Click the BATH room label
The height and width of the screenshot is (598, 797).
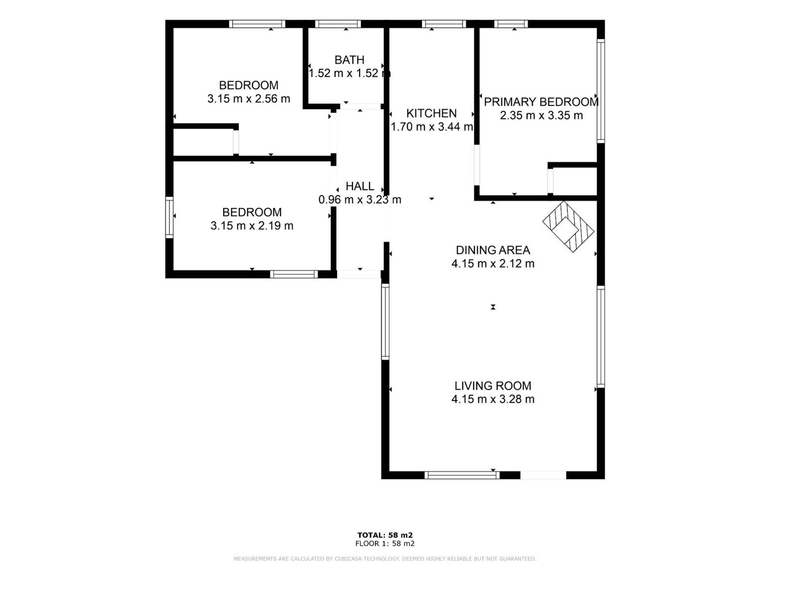(349, 60)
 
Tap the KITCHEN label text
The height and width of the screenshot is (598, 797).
(431, 114)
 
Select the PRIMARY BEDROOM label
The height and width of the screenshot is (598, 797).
(541, 102)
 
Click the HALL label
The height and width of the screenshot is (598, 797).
(360, 186)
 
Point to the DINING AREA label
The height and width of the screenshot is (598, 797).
(493, 250)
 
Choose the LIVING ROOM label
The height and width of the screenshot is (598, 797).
(493, 386)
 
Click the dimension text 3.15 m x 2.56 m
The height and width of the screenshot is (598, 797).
(249, 99)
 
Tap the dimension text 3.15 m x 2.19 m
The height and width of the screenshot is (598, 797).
(252, 226)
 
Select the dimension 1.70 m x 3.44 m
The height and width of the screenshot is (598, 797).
(432, 127)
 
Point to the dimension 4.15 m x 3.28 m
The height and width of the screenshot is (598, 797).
(493, 399)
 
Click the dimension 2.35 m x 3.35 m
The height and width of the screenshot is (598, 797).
(541, 116)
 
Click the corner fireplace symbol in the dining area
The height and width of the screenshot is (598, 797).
(568, 227)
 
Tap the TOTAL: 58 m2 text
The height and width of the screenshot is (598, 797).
(385, 535)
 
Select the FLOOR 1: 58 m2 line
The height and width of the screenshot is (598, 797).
(385, 544)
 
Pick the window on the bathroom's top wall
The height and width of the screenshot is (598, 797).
(338, 24)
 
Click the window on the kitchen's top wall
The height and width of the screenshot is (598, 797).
(444, 24)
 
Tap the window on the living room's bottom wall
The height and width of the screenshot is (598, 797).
(462, 475)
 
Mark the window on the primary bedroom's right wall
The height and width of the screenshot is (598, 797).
(601, 91)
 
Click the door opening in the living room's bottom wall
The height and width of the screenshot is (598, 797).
(543, 475)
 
